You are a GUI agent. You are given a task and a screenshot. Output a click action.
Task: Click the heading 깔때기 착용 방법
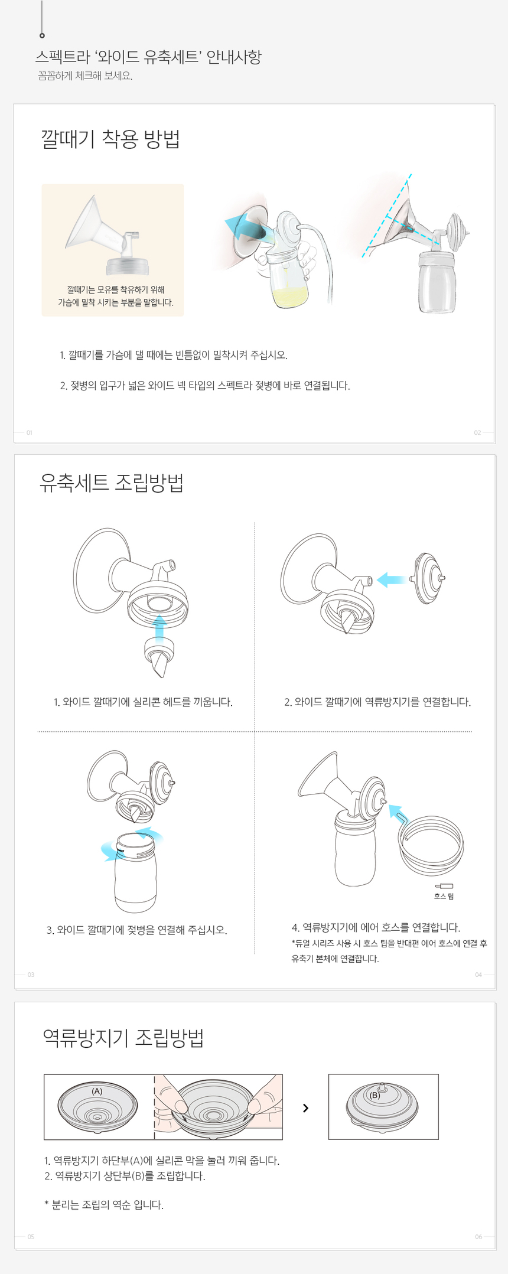(x=110, y=139)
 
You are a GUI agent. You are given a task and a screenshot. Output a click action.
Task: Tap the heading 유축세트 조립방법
(x=112, y=483)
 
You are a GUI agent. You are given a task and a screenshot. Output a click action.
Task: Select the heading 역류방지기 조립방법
(x=123, y=1038)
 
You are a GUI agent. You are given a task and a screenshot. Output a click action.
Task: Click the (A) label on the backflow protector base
(x=97, y=1091)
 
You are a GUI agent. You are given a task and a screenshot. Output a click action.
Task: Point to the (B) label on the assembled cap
(x=375, y=1094)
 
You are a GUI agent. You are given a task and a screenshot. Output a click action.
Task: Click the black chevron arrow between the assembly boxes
(x=305, y=1108)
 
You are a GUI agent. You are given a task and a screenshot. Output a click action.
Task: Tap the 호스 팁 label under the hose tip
(x=444, y=896)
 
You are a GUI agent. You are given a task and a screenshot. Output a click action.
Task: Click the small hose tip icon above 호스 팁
(x=444, y=885)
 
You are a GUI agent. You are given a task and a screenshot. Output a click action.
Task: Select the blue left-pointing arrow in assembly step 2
(x=391, y=579)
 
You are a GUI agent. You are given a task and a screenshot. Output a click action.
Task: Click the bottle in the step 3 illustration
(x=135, y=873)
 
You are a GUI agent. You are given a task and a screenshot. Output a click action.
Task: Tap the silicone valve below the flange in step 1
(x=159, y=657)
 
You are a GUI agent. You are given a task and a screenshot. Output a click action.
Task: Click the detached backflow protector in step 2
(x=428, y=578)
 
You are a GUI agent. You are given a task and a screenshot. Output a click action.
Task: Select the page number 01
(x=30, y=432)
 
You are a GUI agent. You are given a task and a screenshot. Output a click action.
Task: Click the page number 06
(x=478, y=1236)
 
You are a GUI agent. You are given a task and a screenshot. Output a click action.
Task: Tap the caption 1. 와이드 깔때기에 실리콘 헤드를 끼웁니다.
(x=143, y=702)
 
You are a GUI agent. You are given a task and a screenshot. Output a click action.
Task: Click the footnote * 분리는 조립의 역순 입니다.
(x=104, y=1204)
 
